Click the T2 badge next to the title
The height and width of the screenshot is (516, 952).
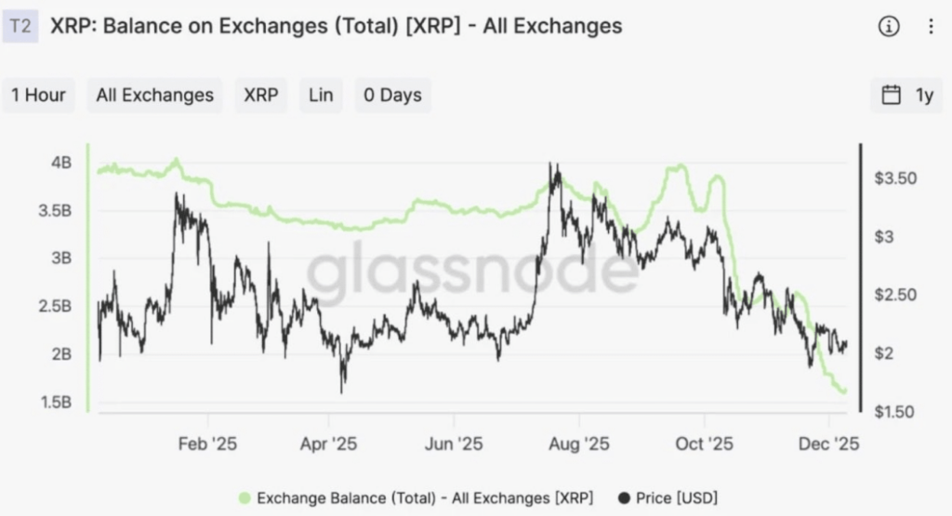point(20,26)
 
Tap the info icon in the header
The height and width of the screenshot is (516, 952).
point(889,27)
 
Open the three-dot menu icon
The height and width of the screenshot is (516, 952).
point(931,27)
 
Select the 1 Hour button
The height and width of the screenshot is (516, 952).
point(39,95)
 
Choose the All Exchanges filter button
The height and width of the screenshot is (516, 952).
point(154,95)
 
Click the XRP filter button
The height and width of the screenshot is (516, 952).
point(260,95)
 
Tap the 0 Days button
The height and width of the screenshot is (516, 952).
point(392,95)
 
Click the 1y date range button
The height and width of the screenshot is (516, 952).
point(906,95)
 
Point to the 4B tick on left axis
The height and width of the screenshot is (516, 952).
point(62,163)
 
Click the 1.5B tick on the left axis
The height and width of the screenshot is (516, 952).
point(56,402)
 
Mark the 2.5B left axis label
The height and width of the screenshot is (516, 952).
point(56,306)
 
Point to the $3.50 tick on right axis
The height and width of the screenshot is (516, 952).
point(897,178)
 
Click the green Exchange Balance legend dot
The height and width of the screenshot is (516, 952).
point(245,497)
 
